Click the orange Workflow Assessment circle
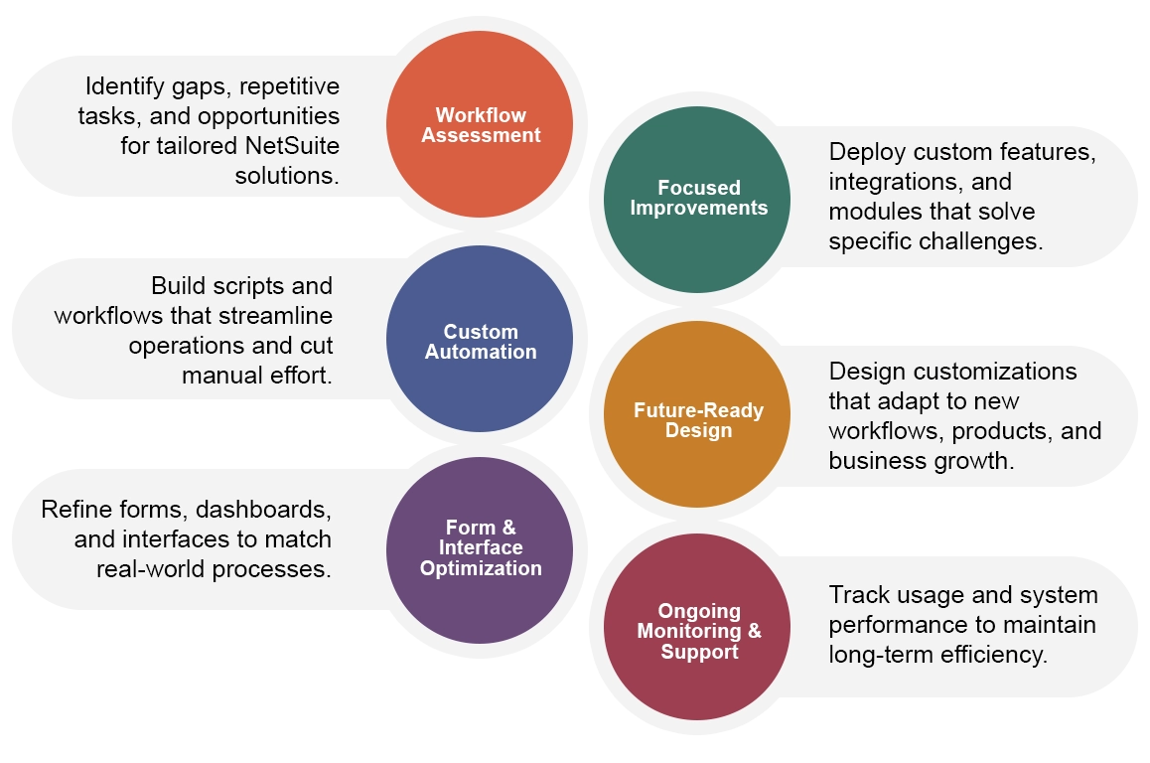[x=480, y=124]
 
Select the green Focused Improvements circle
[x=697, y=199]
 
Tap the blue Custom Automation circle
[x=480, y=339]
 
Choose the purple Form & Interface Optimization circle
[x=480, y=549]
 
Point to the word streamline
[x=277, y=316]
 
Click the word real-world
[x=153, y=570]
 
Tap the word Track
[x=858, y=595]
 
